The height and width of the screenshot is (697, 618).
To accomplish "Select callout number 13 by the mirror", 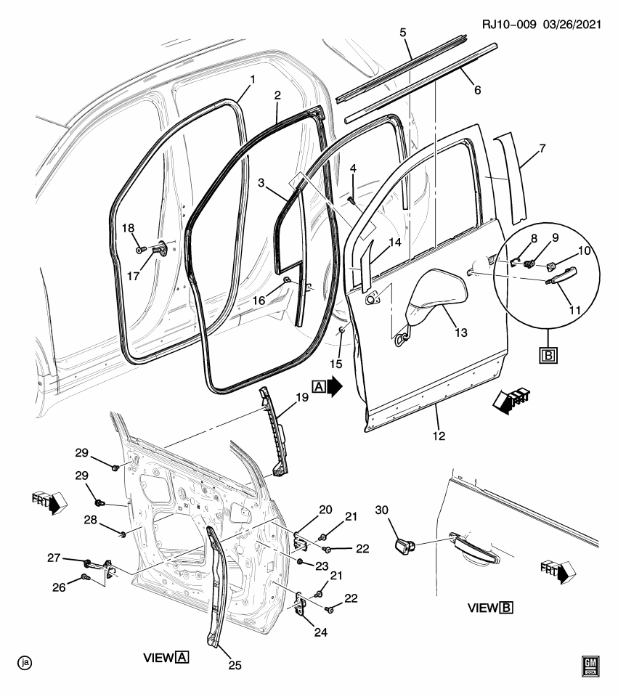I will pyautogui.click(x=460, y=333).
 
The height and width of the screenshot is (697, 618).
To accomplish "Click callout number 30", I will pyautogui.click(x=381, y=510).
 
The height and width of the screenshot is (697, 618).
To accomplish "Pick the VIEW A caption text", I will pyautogui.click(x=166, y=658).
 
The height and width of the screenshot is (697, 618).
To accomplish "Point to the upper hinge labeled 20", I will pyautogui.click(x=299, y=539).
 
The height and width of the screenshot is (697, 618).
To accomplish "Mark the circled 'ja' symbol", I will pyautogui.click(x=25, y=662).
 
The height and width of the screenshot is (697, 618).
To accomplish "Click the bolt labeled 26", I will pyautogui.click(x=86, y=578).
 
